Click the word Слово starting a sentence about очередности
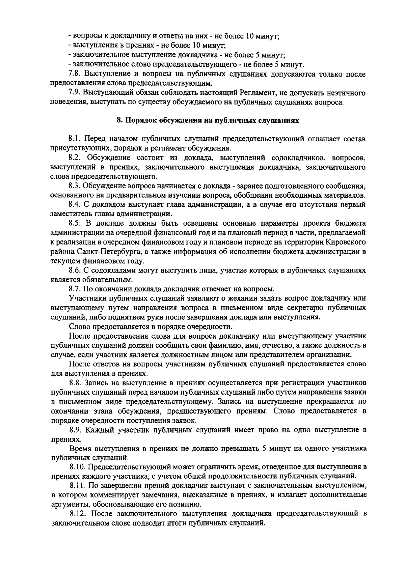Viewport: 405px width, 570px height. [78, 326]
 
